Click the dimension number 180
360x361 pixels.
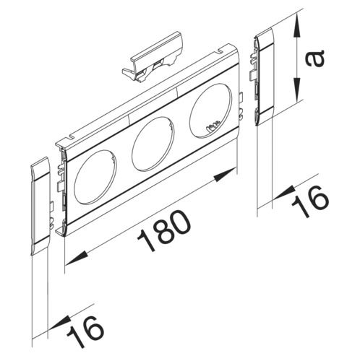165,232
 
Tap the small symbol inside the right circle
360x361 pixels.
210,129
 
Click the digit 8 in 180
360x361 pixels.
165,232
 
